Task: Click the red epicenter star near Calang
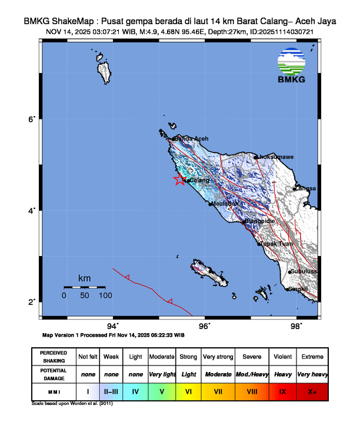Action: tap(179, 180)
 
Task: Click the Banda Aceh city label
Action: tap(191, 139)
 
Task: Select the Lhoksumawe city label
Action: tap(276, 157)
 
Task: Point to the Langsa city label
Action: tap(306, 188)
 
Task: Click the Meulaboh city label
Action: tap(225, 204)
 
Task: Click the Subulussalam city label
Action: tap(304, 271)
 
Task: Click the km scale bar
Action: tap(85, 287)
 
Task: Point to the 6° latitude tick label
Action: tap(34, 119)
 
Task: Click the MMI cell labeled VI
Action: tap(189, 391)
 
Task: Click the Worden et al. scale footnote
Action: tap(71, 404)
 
